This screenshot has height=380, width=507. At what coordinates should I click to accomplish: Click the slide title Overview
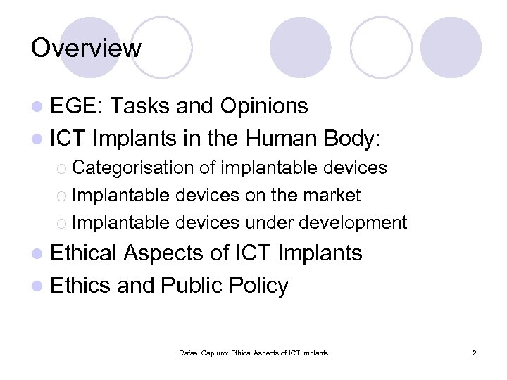click(86, 49)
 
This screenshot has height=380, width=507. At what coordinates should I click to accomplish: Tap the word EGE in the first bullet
click(77, 106)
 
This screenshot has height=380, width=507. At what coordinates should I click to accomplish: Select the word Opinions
click(264, 106)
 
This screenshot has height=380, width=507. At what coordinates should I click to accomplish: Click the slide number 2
click(474, 353)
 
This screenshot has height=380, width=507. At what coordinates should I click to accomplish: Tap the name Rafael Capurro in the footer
click(204, 353)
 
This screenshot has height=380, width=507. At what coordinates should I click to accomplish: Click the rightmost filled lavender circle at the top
click(451, 48)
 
